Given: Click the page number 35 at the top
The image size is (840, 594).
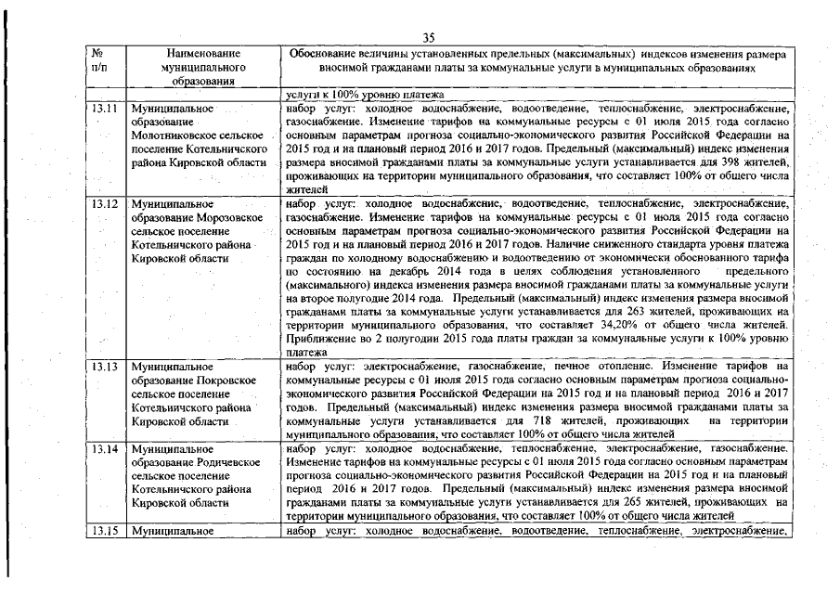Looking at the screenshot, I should point(429,38).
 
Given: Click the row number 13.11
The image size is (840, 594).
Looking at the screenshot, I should point(107,109).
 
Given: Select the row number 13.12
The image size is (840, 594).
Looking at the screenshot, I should point(107,202).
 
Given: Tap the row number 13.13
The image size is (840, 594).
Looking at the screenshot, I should point(107,367).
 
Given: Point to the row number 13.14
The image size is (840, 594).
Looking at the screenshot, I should point(107,450).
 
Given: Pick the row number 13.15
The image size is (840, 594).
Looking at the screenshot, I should point(107,531).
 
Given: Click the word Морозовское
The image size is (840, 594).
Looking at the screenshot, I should point(223,215).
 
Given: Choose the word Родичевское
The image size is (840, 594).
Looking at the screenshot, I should point(223,463).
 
